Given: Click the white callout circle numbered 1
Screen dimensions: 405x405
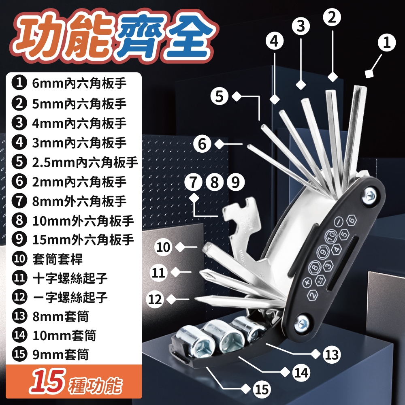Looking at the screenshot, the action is tap(386, 43).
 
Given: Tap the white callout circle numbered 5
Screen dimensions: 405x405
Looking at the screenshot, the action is tap(219, 96).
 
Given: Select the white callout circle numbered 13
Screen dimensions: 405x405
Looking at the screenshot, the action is tap(332, 355).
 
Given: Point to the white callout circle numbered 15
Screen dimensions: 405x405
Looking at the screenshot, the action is tap(261, 389).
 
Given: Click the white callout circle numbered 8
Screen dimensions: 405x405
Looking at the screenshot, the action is tap(215, 182).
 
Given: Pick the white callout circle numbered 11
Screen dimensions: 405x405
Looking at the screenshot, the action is tap(159, 273).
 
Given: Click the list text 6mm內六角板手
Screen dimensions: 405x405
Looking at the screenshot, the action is tap(79, 83).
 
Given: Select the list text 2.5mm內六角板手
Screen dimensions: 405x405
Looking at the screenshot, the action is tap(85, 162).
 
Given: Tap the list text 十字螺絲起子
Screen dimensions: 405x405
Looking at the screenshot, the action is tap(70, 278).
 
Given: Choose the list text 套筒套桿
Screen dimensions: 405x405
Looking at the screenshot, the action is tap(58, 259).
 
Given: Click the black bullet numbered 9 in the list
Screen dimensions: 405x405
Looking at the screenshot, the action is tap(19, 239).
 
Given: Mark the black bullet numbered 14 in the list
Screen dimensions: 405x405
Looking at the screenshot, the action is tap(19, 335).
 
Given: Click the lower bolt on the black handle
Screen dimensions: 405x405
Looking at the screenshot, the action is tap(301, 323).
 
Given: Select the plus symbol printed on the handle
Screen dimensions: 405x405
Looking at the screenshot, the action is tap(307, 282).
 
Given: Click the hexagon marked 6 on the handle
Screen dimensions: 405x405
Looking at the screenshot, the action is tap(351, 220).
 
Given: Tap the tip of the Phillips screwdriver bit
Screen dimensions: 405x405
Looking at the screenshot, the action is tap(201, 271).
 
